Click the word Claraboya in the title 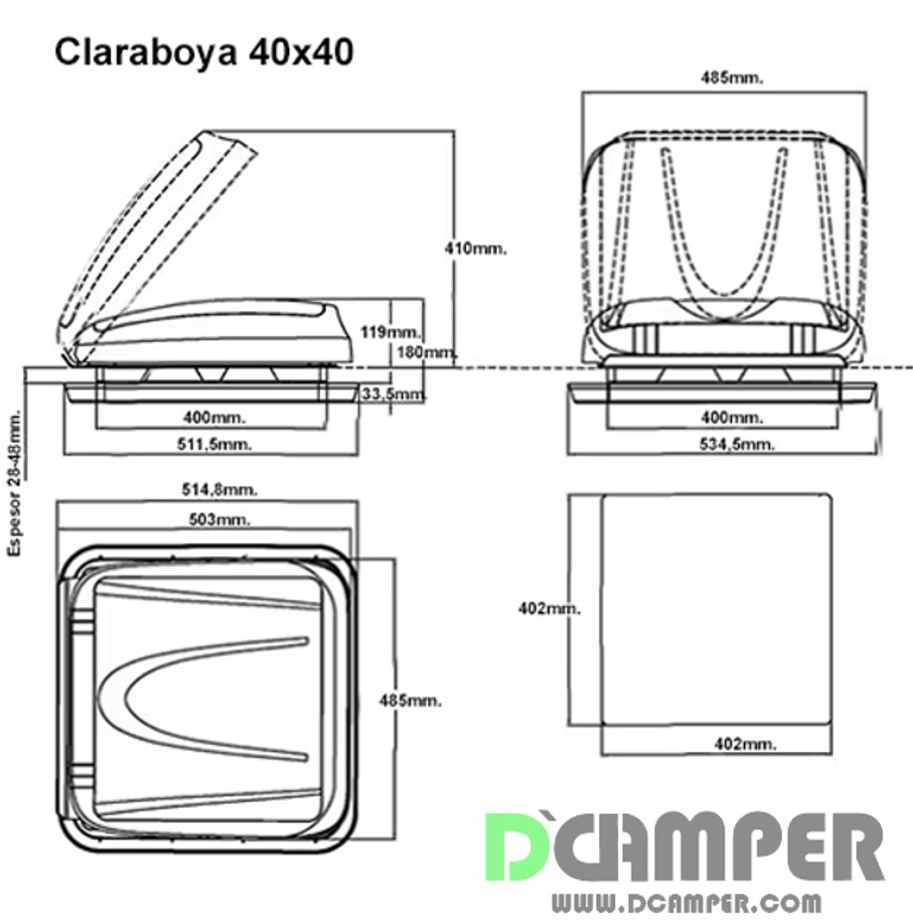(x=146, y=53)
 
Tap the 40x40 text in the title (x=301, y=53)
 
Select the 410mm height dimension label (x=476, y=248)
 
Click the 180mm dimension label (x=428, y=353)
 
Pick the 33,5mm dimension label (x=392, y=393)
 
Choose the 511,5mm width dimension (x=215, y=444)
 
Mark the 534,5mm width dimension (x=737, y=444)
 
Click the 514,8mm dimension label (x=220, y=489)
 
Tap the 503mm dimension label (x=220, y=520)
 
